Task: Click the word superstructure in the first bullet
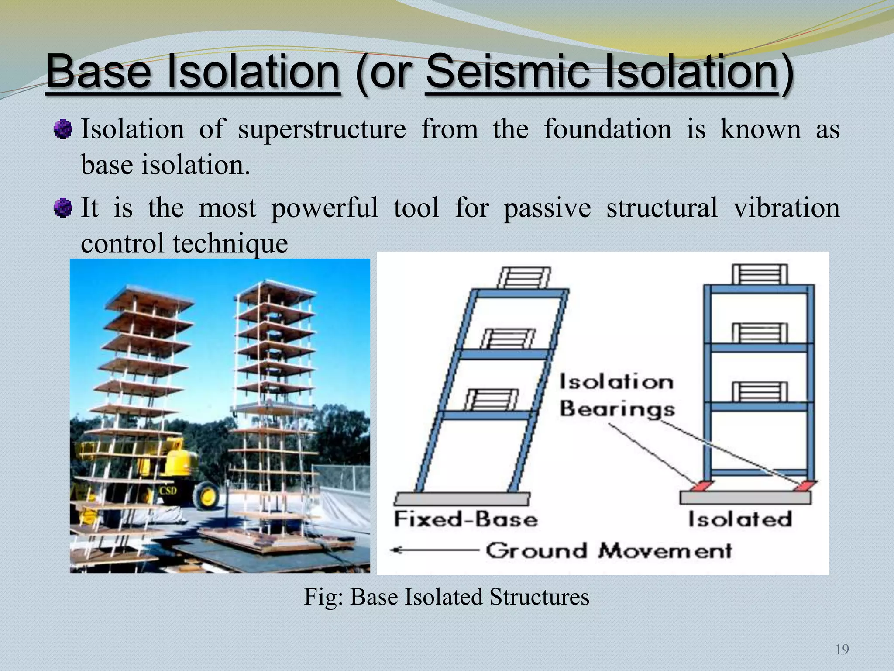pos(322,130)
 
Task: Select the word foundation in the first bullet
pos(607,130)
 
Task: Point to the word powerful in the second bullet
pos(324,208)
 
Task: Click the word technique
pos(230,244)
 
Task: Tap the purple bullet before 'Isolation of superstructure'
pos(63,130)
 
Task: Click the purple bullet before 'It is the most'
pos(63,208)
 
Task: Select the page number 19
pos(842,650)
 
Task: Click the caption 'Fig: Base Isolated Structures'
pos(447,597)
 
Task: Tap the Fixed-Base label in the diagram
pos(465,519)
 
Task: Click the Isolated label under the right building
pos(740,519)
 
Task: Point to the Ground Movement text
pos(609,550)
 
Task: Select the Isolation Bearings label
pos(617,396)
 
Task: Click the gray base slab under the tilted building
pos(461,498)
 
